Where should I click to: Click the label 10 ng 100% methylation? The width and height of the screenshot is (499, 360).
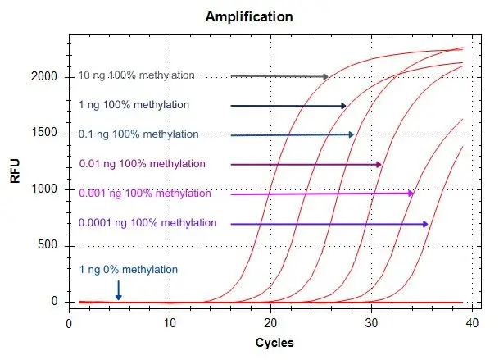(x=137, y=75)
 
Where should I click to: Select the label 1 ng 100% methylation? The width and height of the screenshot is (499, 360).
(x=134, y=105)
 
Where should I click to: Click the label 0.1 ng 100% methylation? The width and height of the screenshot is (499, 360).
(x=138, y=134)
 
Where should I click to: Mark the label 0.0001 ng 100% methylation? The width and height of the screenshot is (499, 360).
(x=147, y=223)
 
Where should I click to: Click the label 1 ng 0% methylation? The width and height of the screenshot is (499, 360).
(x=128, y=269)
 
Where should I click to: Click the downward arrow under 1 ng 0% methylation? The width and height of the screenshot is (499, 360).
(x=119, y=290)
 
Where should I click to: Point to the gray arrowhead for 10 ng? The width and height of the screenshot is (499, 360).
(x=325, y=76)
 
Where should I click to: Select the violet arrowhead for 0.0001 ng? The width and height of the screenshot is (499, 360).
(x=424, y=224)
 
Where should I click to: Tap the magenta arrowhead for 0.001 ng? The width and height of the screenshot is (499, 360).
(x=410, y=194)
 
